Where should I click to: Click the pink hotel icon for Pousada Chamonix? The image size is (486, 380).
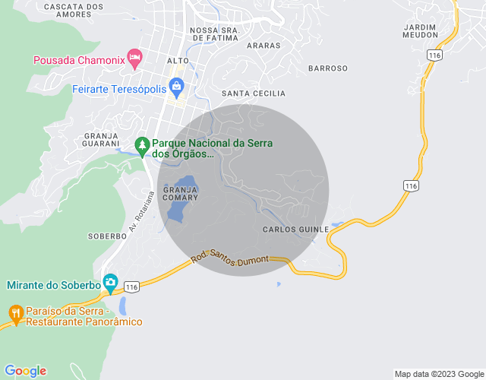click(x=134, y=58)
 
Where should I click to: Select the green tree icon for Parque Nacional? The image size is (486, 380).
click(x=141, y=144)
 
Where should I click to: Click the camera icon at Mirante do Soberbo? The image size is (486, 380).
click(x=110, y=284)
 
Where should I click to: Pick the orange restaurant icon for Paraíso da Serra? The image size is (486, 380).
click(x=15, y=312)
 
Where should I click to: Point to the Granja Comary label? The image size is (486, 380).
click(x=180, y=193)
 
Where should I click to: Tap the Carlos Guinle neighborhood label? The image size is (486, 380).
click(x=295, y=229)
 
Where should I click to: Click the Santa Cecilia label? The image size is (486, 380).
click(x=253, y=93)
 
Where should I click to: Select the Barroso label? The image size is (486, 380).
click(x=327, y=68)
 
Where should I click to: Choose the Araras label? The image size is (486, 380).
click(x=264, y=46)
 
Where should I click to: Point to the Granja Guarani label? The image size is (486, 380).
click(x=101, y=139)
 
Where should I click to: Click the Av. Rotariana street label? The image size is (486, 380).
click(x=140, y=211)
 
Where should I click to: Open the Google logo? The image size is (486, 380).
click(x=25, y=371)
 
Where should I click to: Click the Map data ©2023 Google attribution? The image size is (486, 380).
click(x=438, y=374)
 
